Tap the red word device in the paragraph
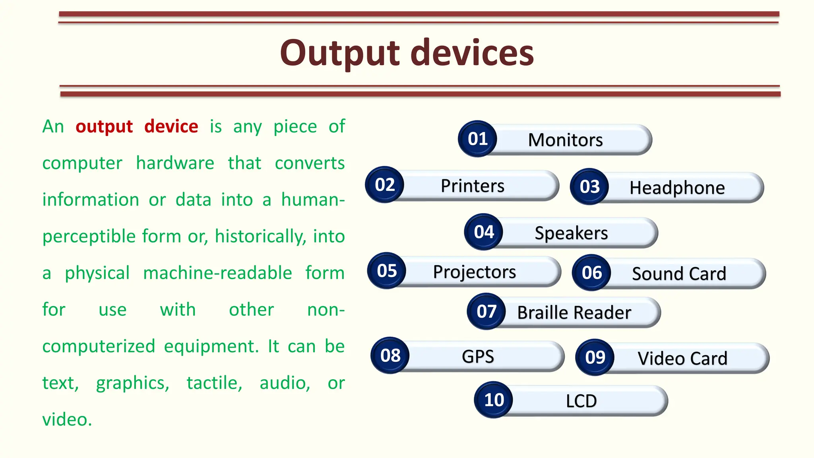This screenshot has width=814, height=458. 171,127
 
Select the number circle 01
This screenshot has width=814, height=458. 477,139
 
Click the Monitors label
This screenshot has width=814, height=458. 565,140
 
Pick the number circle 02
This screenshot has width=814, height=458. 384,185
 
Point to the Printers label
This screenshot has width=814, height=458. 472,186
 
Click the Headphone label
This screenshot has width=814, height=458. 677,188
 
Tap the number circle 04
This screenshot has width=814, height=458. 483,232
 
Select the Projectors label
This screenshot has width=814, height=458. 474,272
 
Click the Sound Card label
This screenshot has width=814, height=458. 679,274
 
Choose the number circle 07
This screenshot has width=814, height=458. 486,312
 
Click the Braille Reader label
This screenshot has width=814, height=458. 574,313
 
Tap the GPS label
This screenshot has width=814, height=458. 478,357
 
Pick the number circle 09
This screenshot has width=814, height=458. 595,357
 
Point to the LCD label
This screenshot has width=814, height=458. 581,401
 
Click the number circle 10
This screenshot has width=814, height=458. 494,400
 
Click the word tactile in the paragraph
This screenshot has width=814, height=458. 214,383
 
